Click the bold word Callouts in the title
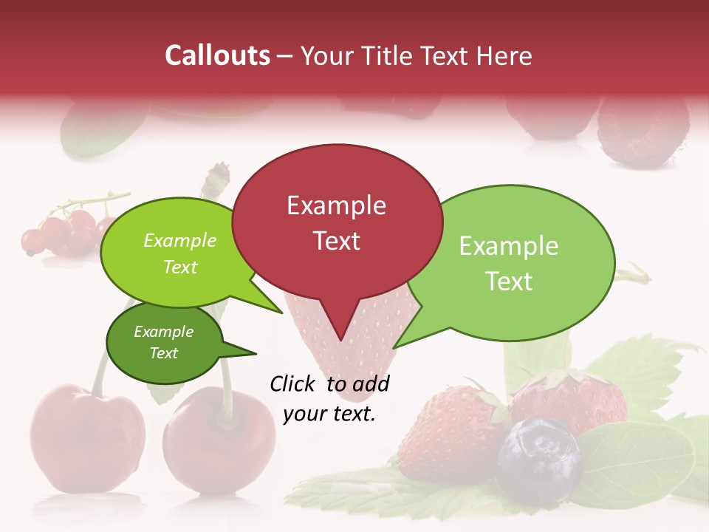[x=217, y=55]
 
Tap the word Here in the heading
[x=504, y=55]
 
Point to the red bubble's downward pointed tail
[x=339, y=325]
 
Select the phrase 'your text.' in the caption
[x=329, y=414]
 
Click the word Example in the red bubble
[x=336, y=205]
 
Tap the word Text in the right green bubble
[x=510, y=281]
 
